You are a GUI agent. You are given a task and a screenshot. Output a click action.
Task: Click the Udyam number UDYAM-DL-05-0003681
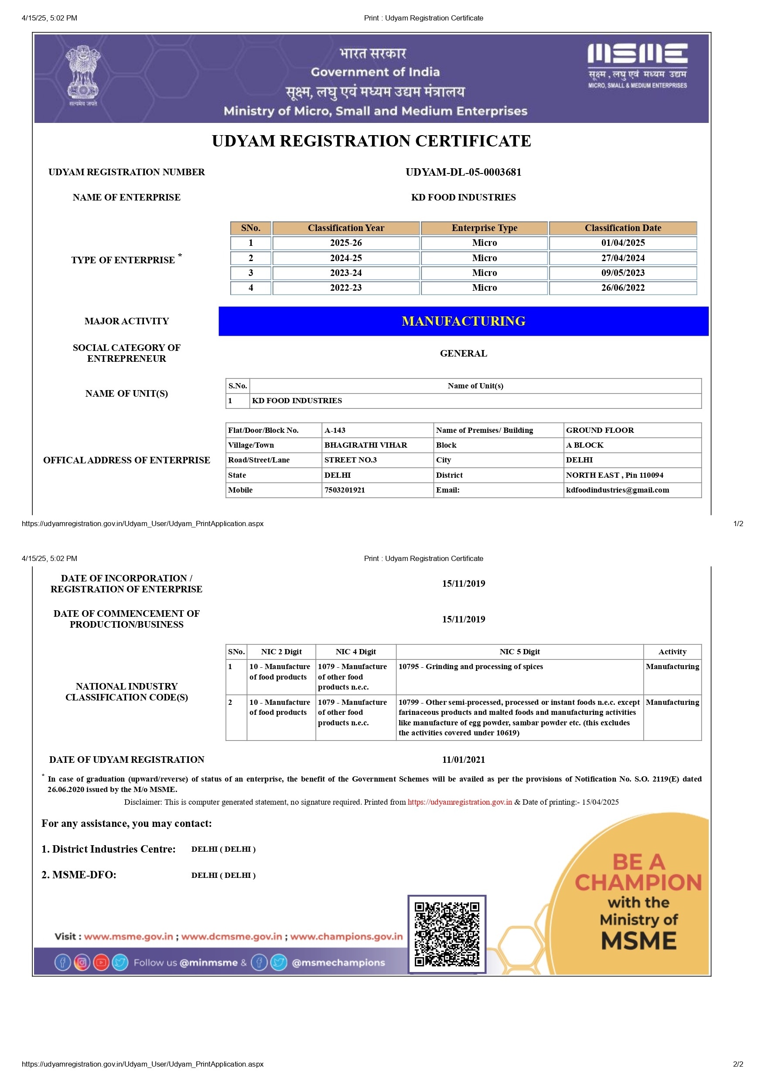coord(463,172)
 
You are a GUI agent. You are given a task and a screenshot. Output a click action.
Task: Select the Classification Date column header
coord(622,228)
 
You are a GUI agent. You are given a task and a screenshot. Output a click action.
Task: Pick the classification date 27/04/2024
coord(622,258)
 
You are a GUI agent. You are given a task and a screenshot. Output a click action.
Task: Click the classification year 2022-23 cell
coord(346,288)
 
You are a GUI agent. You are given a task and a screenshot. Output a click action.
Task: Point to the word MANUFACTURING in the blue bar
coord(463,321)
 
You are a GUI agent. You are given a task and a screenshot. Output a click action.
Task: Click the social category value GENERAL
coord(463,354)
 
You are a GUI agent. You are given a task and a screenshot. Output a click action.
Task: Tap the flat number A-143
coord(335,430)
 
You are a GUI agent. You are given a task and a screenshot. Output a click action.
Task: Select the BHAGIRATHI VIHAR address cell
coord(365,445)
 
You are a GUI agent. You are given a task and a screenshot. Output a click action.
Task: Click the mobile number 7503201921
coord(345,490)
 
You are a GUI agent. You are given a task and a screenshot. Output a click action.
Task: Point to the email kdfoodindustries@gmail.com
coord(617,490)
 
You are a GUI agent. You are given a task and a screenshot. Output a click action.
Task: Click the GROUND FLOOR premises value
coord(600,430)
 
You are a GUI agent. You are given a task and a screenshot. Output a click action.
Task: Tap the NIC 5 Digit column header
coord(519,652)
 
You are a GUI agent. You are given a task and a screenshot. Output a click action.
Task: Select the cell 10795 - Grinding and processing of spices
coord(471,666)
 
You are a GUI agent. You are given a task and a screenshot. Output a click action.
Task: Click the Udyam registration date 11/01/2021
coord(463,760)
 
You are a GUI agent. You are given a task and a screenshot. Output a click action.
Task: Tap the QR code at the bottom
coord(447,934)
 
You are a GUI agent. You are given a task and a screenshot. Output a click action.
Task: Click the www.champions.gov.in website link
coord(346,937)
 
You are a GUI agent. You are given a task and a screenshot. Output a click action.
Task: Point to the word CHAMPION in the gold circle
coord(638,883)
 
